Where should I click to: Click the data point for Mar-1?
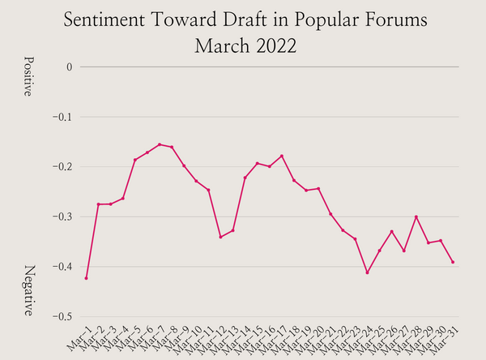point(86,278)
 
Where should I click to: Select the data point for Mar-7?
point(160,144)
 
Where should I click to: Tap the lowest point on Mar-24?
point(367,272)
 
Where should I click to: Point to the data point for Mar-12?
point(220,237)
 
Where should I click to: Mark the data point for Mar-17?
point(282,156)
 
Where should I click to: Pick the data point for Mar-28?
point(416,216)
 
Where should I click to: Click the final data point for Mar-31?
point(453,262)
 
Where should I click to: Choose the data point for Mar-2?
point(98,204)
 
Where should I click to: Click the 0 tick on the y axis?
point(70,66)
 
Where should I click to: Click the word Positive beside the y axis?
point(28,77)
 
